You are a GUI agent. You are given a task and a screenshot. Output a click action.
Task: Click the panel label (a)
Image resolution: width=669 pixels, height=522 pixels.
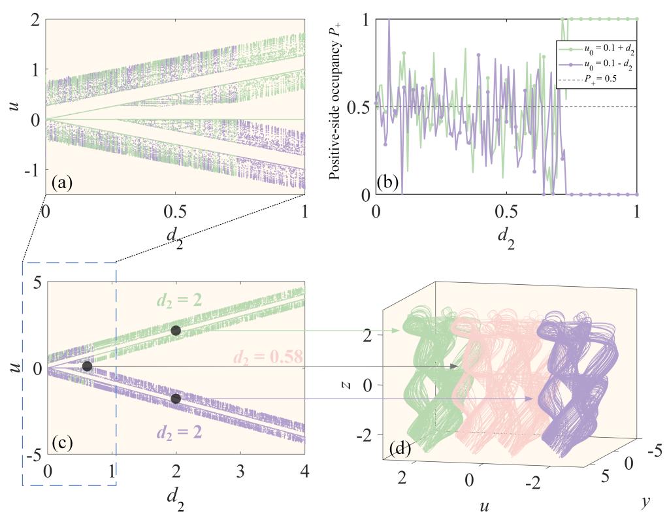point(62,184)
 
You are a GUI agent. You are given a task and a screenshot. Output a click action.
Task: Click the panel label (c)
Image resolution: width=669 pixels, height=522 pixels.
point(62,444)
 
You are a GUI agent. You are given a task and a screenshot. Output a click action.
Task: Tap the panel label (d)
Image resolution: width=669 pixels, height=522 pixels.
point(400,448)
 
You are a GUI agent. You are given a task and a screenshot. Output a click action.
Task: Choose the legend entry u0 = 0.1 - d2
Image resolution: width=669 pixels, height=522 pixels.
point(602,65)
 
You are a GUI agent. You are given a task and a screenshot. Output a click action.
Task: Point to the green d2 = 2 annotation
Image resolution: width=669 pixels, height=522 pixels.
point(179,301)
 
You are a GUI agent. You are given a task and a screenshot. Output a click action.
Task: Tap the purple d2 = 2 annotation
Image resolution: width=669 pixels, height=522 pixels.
point(179,432)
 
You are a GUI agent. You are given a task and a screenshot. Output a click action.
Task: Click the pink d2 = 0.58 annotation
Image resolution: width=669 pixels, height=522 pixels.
point(267,357)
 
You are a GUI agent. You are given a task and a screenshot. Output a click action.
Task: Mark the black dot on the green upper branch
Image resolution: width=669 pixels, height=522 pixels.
point(176,331)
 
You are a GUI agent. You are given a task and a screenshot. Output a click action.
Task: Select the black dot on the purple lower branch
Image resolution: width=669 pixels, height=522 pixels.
point(176,399)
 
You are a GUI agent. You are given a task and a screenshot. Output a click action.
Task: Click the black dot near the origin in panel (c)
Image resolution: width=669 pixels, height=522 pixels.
point(87,367)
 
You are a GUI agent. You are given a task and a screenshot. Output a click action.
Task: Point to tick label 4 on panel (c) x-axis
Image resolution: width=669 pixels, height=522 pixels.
point(304,471)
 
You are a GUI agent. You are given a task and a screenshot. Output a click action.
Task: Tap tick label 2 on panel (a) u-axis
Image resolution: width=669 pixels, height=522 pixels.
point(36,20)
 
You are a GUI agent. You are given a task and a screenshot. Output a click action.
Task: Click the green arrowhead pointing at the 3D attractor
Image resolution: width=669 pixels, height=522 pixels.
point(396,331)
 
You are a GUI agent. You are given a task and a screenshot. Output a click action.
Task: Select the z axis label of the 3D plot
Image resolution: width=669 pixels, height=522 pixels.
point(348,385)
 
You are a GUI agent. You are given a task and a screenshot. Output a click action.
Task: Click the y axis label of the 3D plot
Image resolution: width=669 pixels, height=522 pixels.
point(644,504)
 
